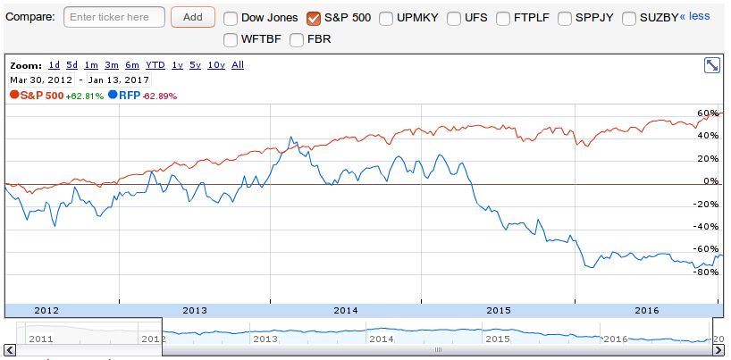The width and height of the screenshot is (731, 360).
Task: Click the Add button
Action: [x=192, y=17]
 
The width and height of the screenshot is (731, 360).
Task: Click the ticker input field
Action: [x=114, y=17]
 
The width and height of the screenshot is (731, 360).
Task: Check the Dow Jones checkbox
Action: [x=231, y=18]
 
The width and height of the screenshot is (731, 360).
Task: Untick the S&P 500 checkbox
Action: [x=314, y=18]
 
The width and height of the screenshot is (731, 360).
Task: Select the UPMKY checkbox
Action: [x=387, y=18]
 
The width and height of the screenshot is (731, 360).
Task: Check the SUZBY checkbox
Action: [x=630, y=18]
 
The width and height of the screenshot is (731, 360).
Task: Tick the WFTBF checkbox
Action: [x=231, y=39]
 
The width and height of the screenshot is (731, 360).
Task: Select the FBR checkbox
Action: [x=297, y=39]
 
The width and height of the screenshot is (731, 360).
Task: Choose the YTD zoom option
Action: [x=155, y=64]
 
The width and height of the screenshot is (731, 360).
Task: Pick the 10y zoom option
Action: [x=216, y=64]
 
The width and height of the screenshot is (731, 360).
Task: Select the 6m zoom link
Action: [x=132, y=64]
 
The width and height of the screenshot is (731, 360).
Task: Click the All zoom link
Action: [x=238, y=64]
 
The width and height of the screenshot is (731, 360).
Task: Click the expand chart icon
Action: [x=712, y=65]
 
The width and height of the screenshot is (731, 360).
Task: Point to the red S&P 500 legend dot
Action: [x=14, y=95]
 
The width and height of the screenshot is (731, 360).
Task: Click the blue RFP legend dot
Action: [x=113, y=95]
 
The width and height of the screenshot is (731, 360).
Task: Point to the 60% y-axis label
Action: [x=709, y=113]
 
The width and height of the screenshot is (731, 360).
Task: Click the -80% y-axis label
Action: [x=707, y=272]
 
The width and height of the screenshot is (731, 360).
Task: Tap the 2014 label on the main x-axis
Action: [x=346, y=310]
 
